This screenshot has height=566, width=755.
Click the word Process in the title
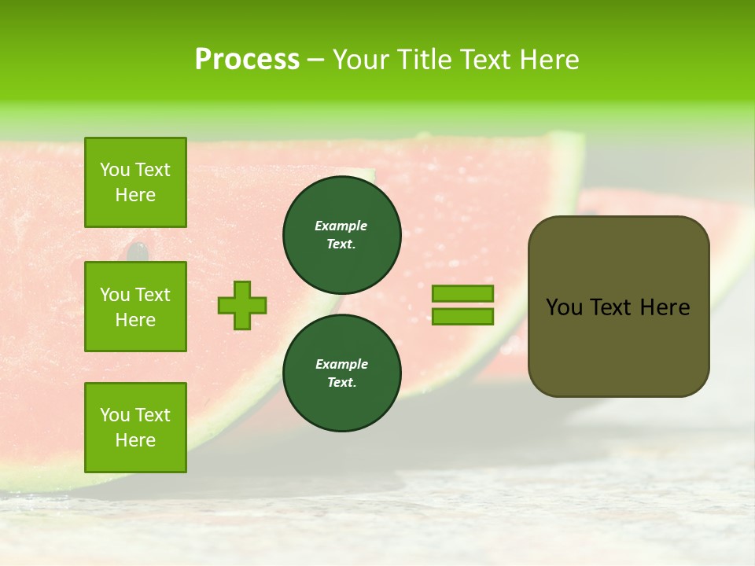pyautogui.click(x=247, y=60)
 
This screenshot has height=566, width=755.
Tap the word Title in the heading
pyautogui.click(x=422, y=60)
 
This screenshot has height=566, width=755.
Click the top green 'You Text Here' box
pyautogui.click(x=135, y=182)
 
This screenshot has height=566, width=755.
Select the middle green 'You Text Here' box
pyautogui.click(x=135, y=307)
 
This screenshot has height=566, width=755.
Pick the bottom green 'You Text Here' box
pyautogui.click(x=135, y=428)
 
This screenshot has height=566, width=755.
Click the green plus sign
pyautogui.click(x=242, y=304)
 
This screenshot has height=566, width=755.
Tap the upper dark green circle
pyautogui.click(x=342, y=234)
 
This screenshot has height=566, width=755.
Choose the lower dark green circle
pyautogui.click(x=342, y=373)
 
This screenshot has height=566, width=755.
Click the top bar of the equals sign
pyautogui.click(x=462, y=294)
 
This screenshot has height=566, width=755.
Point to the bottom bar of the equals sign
pyautogui.click(x=462, y=316)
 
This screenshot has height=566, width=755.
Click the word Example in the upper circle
pyautogui.click(x=341, y=226)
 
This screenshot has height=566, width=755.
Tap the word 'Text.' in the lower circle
pyautogui.click(x=341, y=382)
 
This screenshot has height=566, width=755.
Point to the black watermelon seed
pyautogui.click(x=138, y=251)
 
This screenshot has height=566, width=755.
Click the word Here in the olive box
pyautogui.click(x=665, y=307)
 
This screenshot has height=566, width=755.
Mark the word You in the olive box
pyautogui.click(x=564, y=307)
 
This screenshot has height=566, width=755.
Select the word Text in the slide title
pyautogui.click(x=488, y=60)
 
